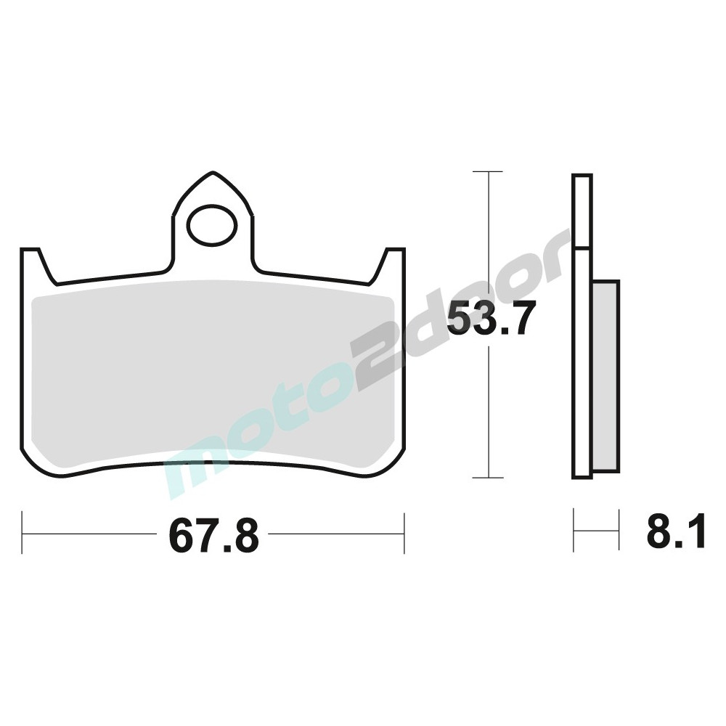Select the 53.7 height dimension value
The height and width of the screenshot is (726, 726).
point(492,318)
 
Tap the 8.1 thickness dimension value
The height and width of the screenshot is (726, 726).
point(676,531)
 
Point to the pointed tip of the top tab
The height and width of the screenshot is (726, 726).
point(213,172)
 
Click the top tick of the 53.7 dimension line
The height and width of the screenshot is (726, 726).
point(488,172)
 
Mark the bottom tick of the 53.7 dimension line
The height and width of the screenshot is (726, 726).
point(488,478)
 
